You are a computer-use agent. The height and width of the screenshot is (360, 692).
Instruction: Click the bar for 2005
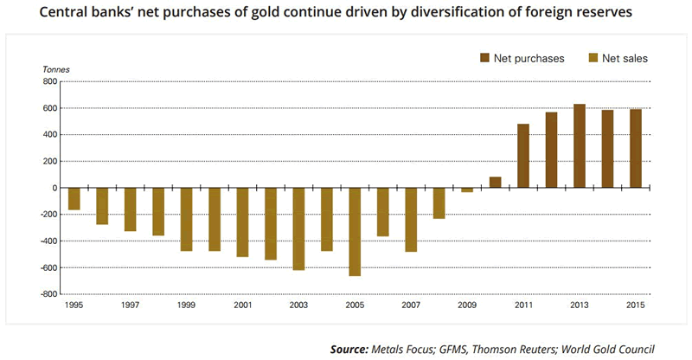point(355,232)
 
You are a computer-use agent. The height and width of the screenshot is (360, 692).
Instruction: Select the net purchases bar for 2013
point(580,146)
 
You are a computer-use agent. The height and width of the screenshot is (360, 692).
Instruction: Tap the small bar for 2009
point(467,190)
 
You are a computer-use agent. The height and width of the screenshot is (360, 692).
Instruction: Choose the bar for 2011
point(523,156)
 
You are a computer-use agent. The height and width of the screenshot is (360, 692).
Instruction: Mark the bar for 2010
point(495,183)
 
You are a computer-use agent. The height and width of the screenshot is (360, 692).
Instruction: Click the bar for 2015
point(636,149)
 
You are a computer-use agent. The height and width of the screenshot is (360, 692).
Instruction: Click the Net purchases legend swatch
point(484,58)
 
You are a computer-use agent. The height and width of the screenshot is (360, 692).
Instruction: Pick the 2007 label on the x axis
point(411,305)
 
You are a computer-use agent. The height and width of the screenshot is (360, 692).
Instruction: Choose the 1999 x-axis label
point(186,305)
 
